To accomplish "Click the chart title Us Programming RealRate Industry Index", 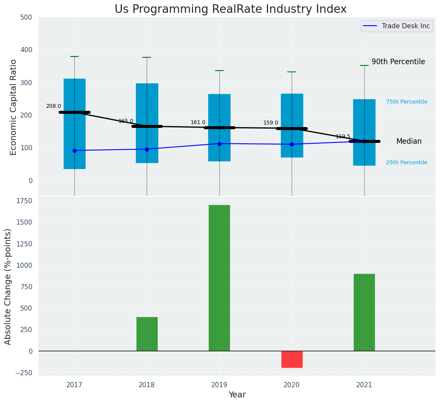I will (230, 9).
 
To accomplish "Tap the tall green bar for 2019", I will (219, 278).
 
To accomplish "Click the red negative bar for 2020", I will (292, 359).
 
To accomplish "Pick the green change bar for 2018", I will (147, 334).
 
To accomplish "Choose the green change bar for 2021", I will (364, 312).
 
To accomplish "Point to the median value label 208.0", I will (53, 106).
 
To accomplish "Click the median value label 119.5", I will (343, 136).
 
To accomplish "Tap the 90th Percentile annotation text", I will (398, 62).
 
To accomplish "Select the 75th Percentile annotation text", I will (407, 102).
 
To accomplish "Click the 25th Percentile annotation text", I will (407, 163).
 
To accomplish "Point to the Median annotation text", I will (409, 142).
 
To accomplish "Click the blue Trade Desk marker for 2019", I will (219, 144).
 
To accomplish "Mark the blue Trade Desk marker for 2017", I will (74, 151).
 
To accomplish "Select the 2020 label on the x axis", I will (292, 385).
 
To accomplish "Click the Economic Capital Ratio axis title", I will (14, 107).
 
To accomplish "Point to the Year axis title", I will (237, 395).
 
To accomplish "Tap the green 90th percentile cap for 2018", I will (147, 57).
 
